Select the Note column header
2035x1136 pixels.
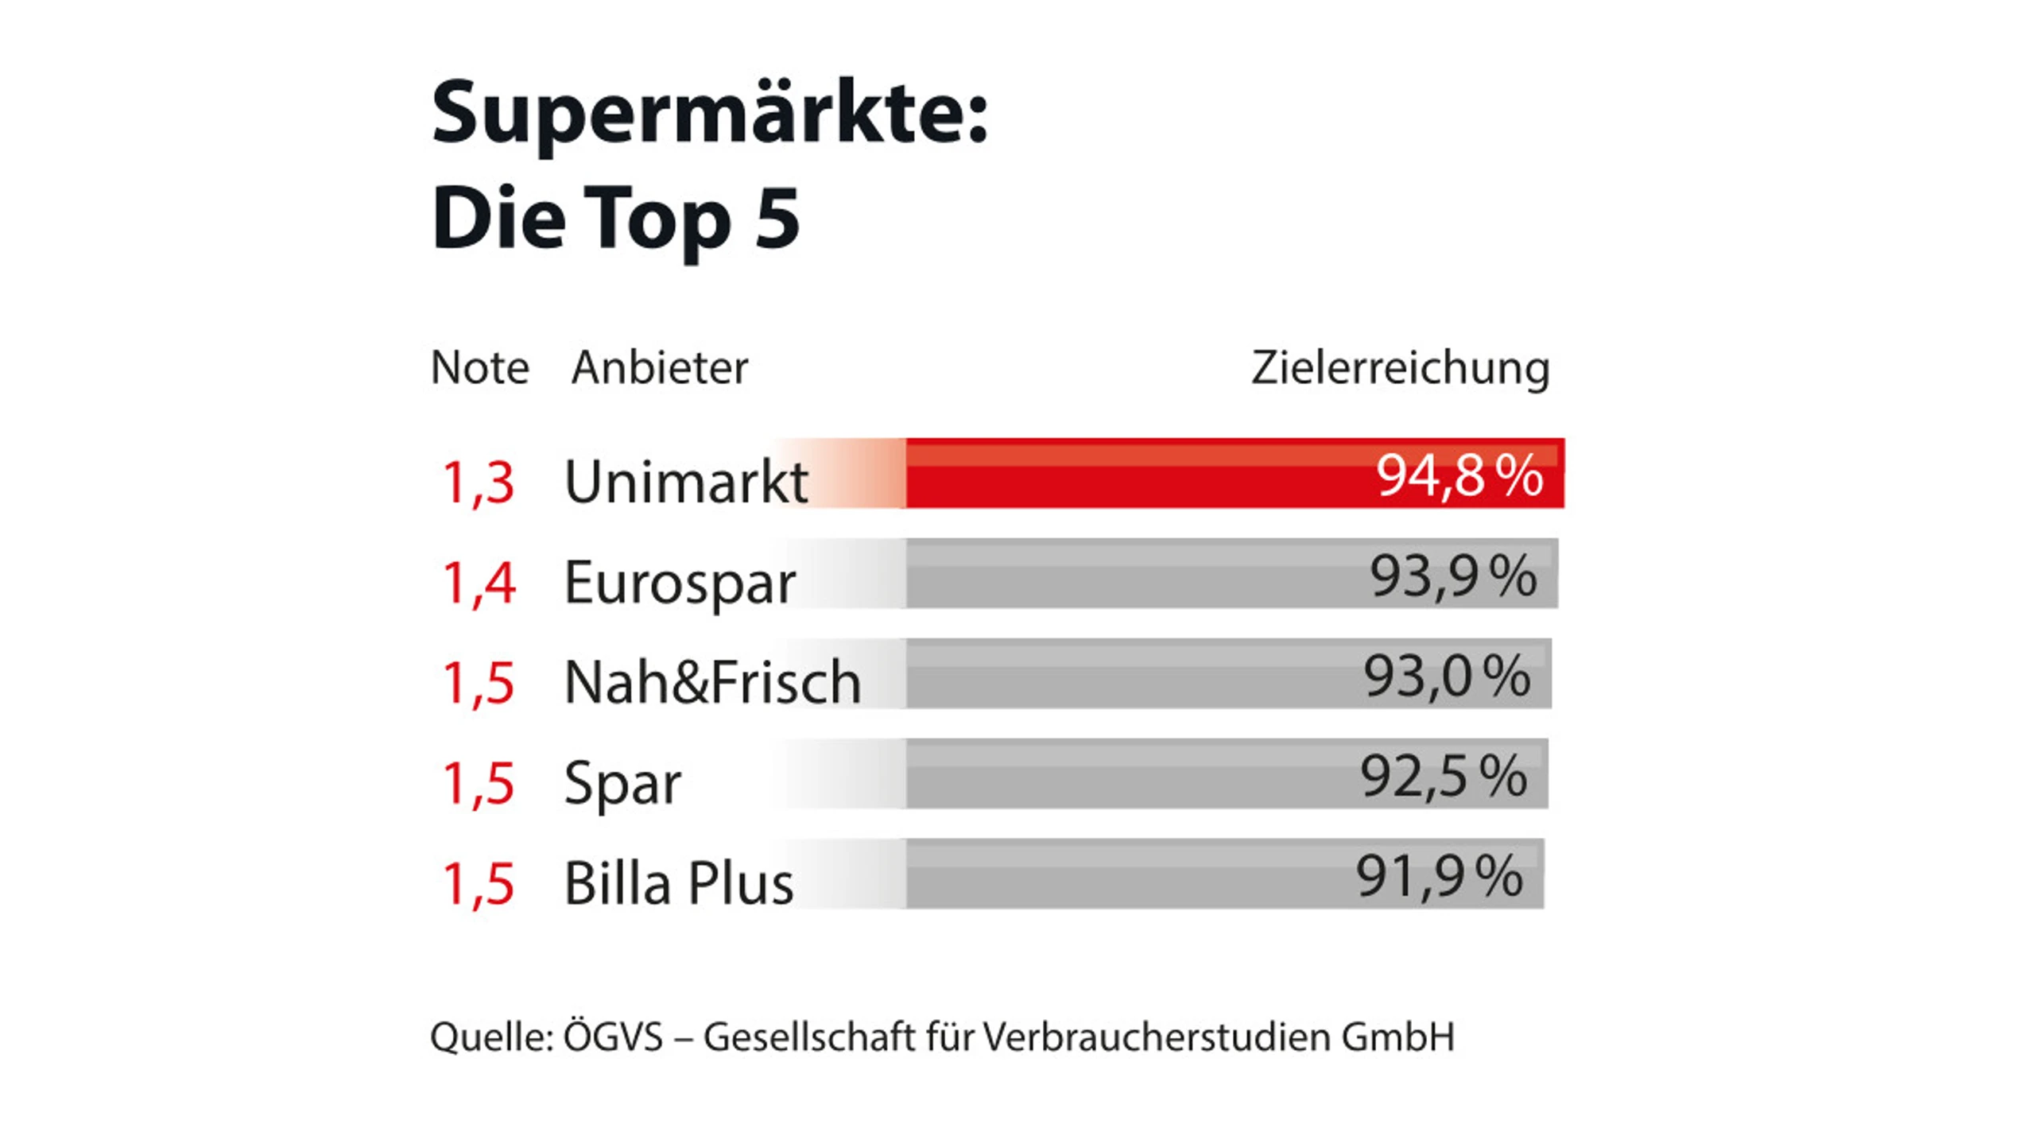pos(479,367)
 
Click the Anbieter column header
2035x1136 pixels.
pos(660,367)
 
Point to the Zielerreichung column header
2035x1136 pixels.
pos(1400,369)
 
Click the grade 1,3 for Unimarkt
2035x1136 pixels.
pos(478,483)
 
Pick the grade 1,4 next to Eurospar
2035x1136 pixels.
pos(479,583)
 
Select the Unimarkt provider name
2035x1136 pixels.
pos(686,483)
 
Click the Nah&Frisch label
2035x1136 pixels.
pos(712,683)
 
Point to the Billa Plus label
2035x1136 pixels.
pos(678,884)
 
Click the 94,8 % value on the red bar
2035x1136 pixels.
pos(1459,475)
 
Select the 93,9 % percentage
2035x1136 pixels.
pos(1452,576)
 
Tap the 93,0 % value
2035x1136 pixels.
pos(1447,677)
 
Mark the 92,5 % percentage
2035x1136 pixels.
pos(1444,776)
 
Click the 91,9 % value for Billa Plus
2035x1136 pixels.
pos(1439,876)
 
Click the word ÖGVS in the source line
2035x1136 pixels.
pos(613,1037)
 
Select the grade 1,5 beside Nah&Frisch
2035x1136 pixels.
pos(478,683)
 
